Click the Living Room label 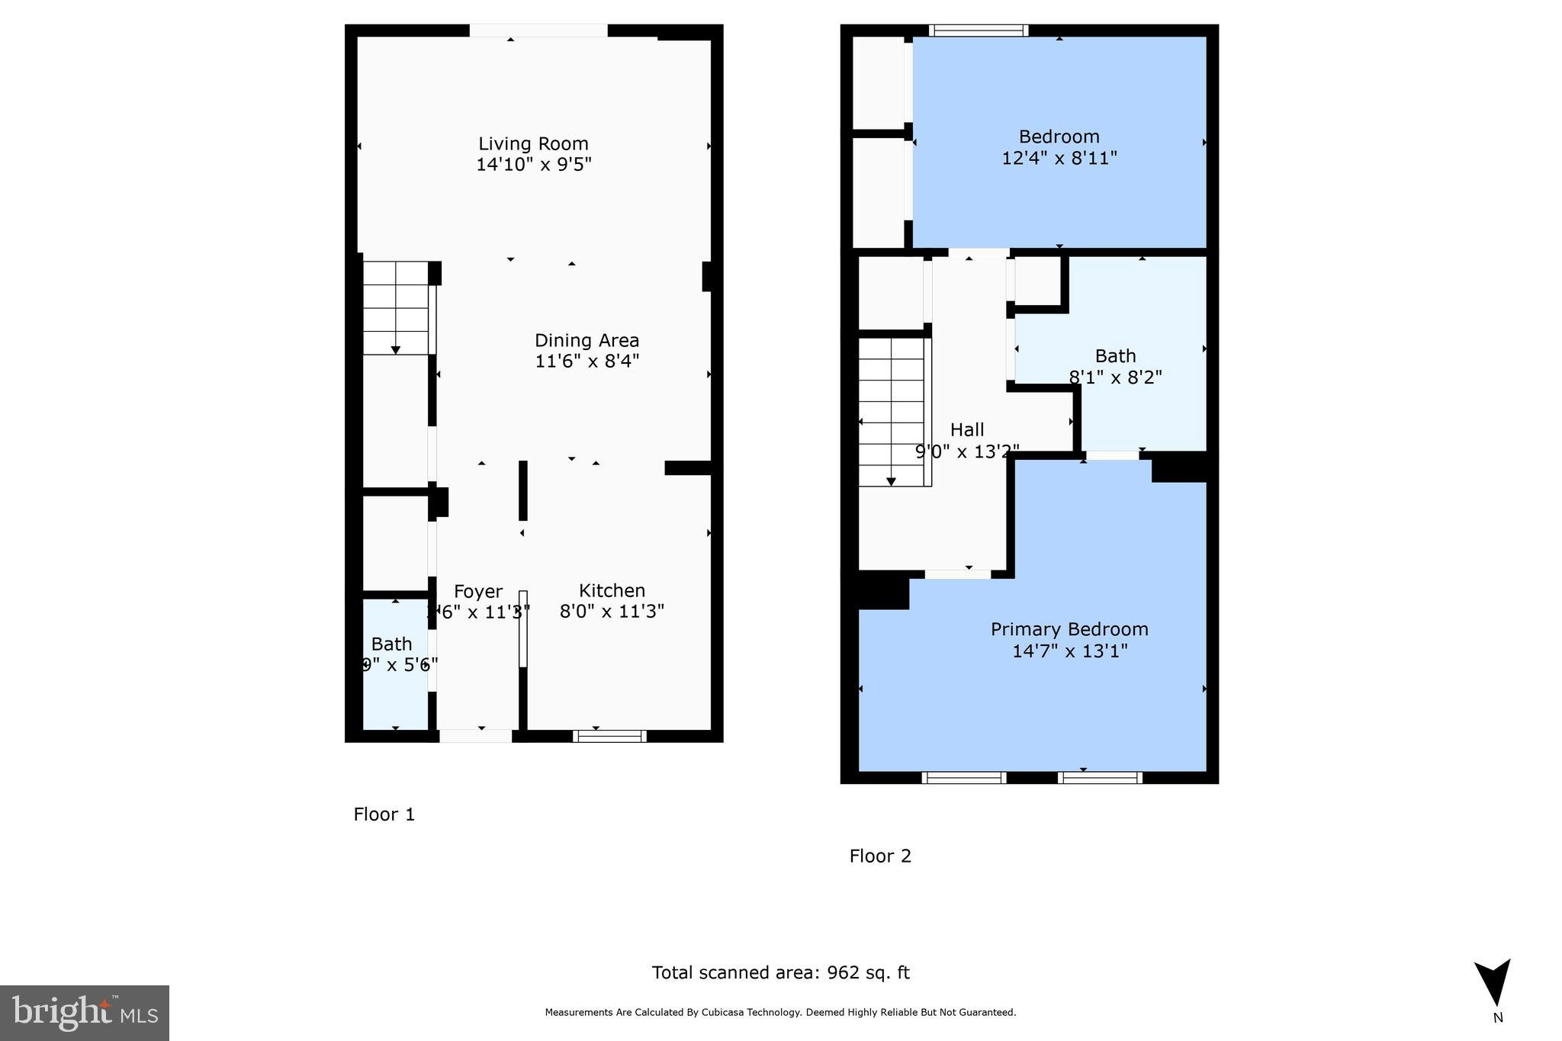point(533,143)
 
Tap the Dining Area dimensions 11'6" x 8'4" point(587,361)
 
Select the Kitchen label point(612,590)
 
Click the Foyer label point(478,591)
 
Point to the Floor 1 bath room point(394,663)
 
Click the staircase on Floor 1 point(395,307)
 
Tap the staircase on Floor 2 point(891,412)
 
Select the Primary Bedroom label point(1069,629)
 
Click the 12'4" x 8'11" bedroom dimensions point(1059,158)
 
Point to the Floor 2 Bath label point(1115,355)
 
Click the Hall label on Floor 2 point(967,429)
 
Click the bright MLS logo point(85,1013)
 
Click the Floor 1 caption point(384,814)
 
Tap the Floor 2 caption point(880,856)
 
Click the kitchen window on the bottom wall point(609,736)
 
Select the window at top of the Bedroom point(979,31)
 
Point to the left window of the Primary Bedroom point(964,778)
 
